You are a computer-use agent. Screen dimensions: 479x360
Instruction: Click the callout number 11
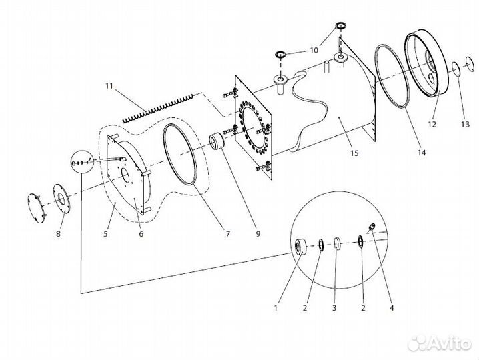click(109, 86)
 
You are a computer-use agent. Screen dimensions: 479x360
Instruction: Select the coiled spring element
click(157, 109)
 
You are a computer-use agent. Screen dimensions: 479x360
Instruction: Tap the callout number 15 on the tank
click(354, 153)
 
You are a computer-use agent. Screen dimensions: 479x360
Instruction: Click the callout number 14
click(422, 153)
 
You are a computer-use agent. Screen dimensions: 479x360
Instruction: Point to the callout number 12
click(432, 124)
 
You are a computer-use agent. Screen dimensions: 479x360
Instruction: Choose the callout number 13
click(465, 124)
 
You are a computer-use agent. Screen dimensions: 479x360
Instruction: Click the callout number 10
click(314, 50)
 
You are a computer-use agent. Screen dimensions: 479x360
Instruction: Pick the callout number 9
click(258, 234)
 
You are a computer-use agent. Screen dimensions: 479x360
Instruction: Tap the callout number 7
click(228, 234)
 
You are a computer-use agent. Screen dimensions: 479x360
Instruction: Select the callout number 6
click(141, 234)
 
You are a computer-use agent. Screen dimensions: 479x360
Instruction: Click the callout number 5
click(105, 234)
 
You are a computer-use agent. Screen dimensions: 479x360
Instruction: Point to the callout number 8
click(58, 234)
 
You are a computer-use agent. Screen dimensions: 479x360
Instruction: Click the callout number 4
click(392, 308)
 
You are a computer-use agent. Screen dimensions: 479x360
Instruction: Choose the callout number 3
click(334, 308)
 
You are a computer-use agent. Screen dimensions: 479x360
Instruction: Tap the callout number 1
click(276, 308)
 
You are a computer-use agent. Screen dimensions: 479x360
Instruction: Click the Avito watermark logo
click(440, 343)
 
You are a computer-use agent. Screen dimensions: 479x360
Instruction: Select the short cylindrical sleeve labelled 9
click(217, 141)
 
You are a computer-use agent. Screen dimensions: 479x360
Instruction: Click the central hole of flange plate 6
click(125, 175)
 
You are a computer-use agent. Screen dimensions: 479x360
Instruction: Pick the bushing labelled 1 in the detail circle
click(300, 246)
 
